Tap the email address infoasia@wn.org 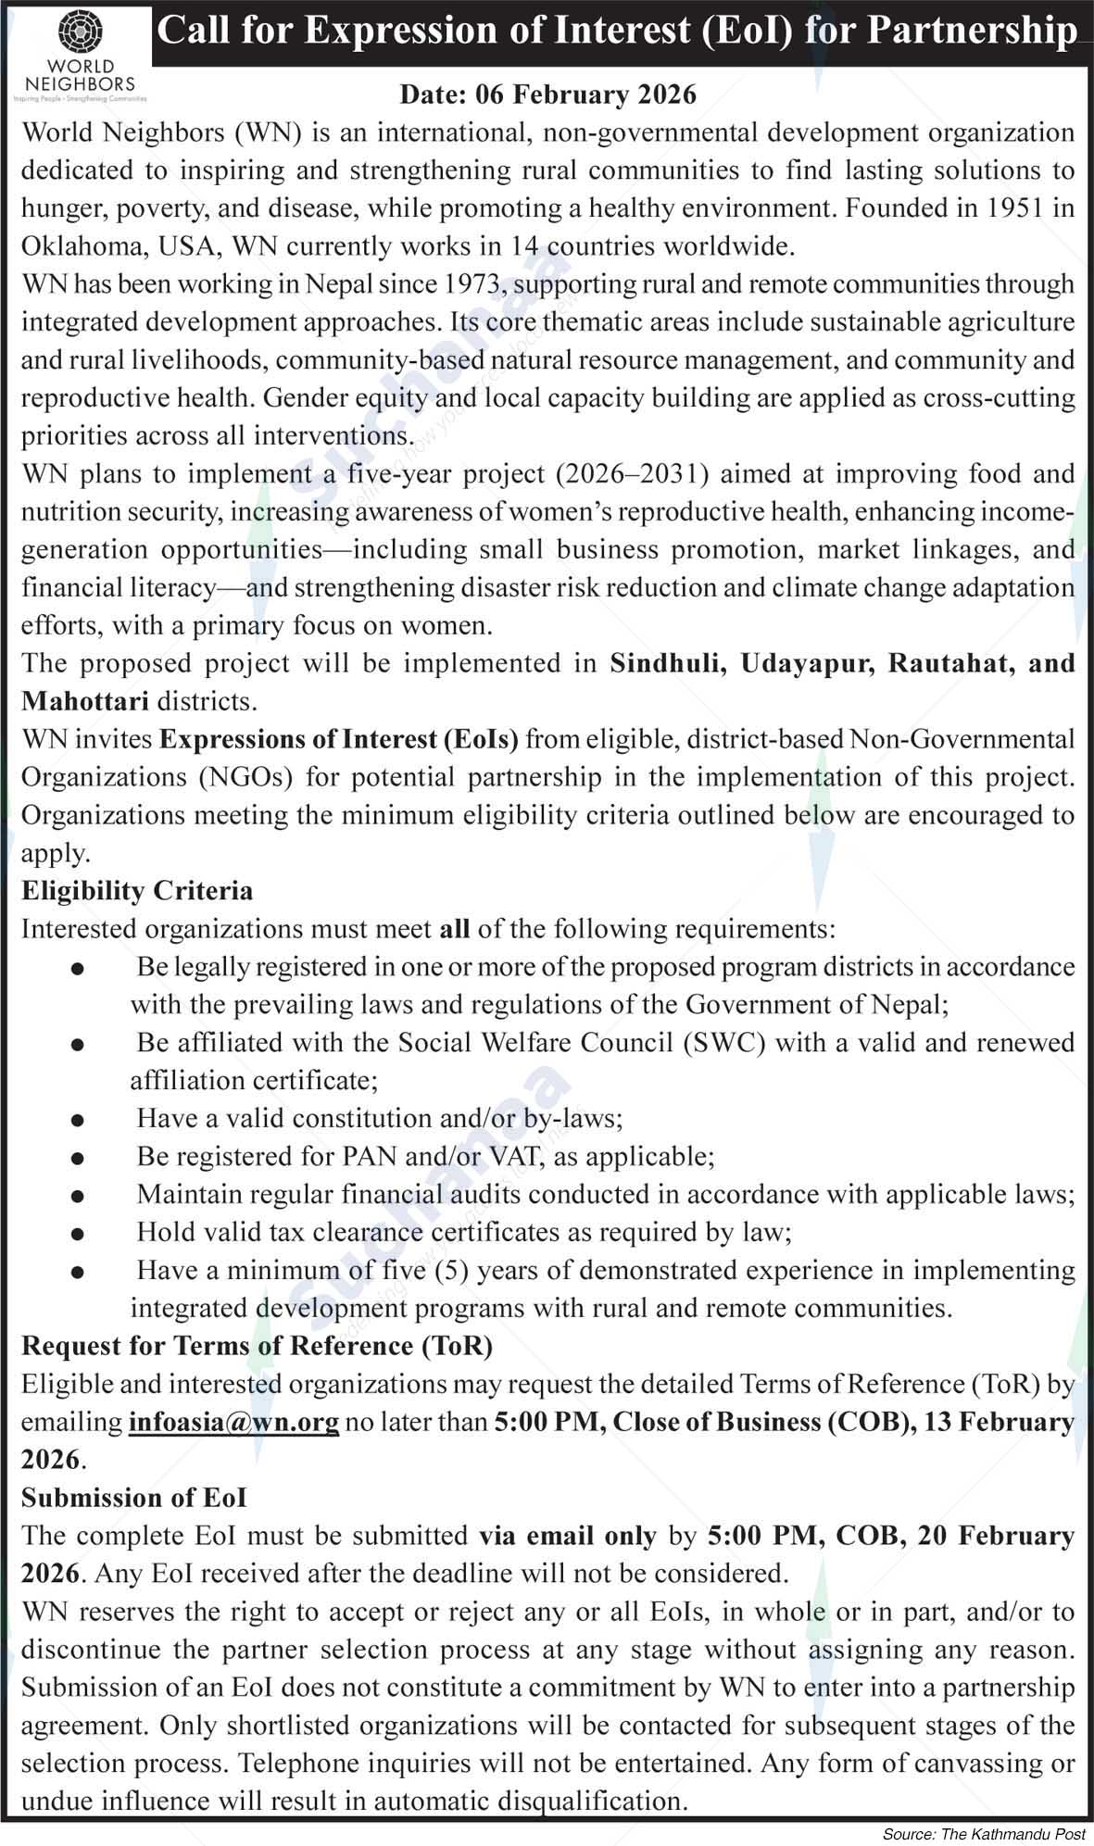click(233, 1421)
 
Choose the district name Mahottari click(85, 701)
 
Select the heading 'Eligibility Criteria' click(137, 890)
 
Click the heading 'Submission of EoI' click(133, 1497)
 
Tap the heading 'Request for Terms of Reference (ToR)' click(257, 1345)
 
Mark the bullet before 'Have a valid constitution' click(78, 1120)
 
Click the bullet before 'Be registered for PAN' click(78, 1158)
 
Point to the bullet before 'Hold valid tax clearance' click(78, 1234)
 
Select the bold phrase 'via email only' click(567, 1535)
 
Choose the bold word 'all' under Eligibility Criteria click(454, 928)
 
